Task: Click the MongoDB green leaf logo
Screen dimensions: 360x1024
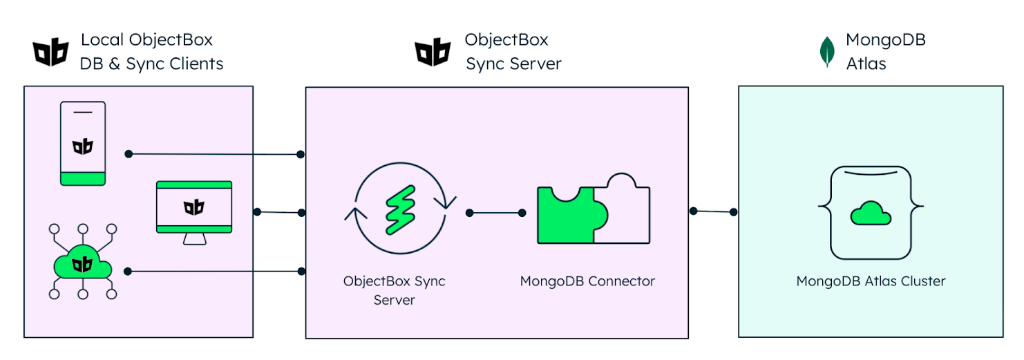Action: tap(826, 53)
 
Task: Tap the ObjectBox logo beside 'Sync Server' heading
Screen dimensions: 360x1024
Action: tap(433, 53)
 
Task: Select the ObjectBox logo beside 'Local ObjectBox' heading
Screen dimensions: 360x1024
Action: tap(51, 53)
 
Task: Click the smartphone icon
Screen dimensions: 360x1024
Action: tap(83, 144)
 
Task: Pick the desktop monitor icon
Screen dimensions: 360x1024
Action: tap(193, 211)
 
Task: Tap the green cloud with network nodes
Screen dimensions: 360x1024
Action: tap(82, 263)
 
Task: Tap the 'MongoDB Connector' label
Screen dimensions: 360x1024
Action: tap(587, 281)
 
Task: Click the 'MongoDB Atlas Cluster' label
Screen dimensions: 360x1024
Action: tap(871, 281)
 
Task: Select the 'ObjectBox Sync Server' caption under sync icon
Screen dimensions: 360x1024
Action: tap(395, 290)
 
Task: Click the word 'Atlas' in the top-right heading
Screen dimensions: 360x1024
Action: tap(866, 64)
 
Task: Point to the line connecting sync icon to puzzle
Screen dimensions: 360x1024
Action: tap(495, 213)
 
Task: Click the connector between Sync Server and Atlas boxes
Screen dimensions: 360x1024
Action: tap(713, 211)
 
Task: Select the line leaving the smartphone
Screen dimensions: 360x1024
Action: tap(214, 154)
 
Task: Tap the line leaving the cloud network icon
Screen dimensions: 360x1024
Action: tap(214, 271)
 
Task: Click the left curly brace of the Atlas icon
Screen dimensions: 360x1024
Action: tap(824, 205)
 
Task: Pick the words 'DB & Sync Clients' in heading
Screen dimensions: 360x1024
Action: tap(152, 64)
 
